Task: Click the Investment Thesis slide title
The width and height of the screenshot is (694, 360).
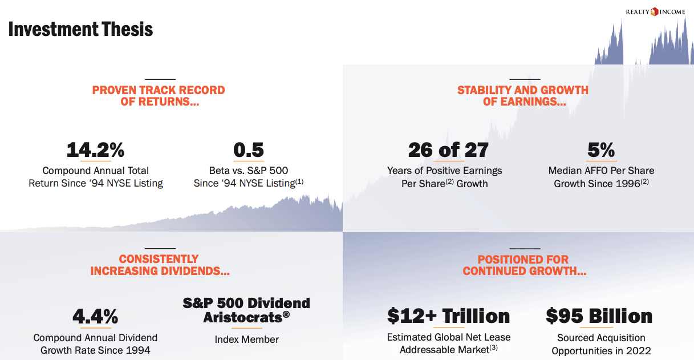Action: coord(80,29)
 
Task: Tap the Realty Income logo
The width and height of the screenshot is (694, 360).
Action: coord(655,11)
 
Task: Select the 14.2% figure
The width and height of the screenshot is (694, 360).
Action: coord(95,150)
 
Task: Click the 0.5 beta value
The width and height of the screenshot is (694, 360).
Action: coord(249,150)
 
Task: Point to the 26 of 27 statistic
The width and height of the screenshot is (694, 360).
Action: coord(448,150)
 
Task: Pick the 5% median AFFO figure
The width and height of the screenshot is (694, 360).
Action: coord(601,150)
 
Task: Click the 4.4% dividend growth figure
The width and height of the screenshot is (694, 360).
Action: coord(95,316)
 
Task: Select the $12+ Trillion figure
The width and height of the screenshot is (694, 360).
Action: coord(448,316)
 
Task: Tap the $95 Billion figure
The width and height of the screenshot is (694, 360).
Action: coord(599,316)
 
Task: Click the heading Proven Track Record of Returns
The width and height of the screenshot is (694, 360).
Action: coord(159,96)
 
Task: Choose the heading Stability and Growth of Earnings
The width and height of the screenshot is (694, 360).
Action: coord(523,96)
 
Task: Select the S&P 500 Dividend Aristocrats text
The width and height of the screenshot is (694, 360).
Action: coord(246,310)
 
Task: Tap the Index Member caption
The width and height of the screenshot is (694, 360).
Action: coord(247,339)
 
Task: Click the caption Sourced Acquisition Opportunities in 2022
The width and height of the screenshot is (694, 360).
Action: coord(601,344)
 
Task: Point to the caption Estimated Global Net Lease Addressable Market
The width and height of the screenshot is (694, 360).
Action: coord(448,343)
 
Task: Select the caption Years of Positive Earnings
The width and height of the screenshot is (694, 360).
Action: coord(445,177)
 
